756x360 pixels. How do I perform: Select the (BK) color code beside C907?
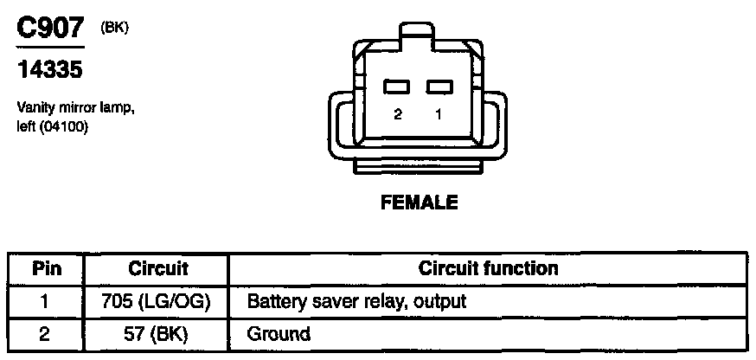[114, 28]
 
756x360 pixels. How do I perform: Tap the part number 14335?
[49, 70]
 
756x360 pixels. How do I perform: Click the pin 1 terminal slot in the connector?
[439, 87]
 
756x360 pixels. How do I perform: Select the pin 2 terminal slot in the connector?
[398, 87]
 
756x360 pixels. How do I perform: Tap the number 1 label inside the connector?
[439, 113]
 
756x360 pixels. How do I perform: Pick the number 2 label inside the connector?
[398, 113]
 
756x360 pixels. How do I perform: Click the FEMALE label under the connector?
[419, 203]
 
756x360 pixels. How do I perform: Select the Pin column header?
[45, 268]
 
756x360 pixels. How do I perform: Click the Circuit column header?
[158, 268]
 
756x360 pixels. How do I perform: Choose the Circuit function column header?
[488, 268]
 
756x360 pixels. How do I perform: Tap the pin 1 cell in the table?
[45, 301]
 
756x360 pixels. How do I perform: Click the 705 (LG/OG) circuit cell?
[158, 301]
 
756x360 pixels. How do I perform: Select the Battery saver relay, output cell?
[356, 301]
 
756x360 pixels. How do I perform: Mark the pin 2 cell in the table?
[45, 332]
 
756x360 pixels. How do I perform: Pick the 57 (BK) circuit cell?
[158, 332]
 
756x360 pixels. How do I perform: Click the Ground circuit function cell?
[279, 332]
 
